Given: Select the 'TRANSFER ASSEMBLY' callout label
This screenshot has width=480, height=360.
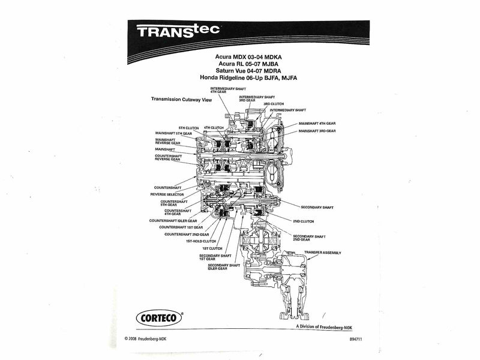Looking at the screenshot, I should (x=322, y=253).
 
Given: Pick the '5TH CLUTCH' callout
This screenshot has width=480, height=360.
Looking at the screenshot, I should (x=188, y=128).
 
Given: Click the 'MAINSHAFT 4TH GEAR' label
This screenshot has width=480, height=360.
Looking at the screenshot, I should (x=317, y=122).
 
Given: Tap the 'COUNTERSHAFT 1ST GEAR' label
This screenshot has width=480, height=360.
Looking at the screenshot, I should (x=181, y=227).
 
